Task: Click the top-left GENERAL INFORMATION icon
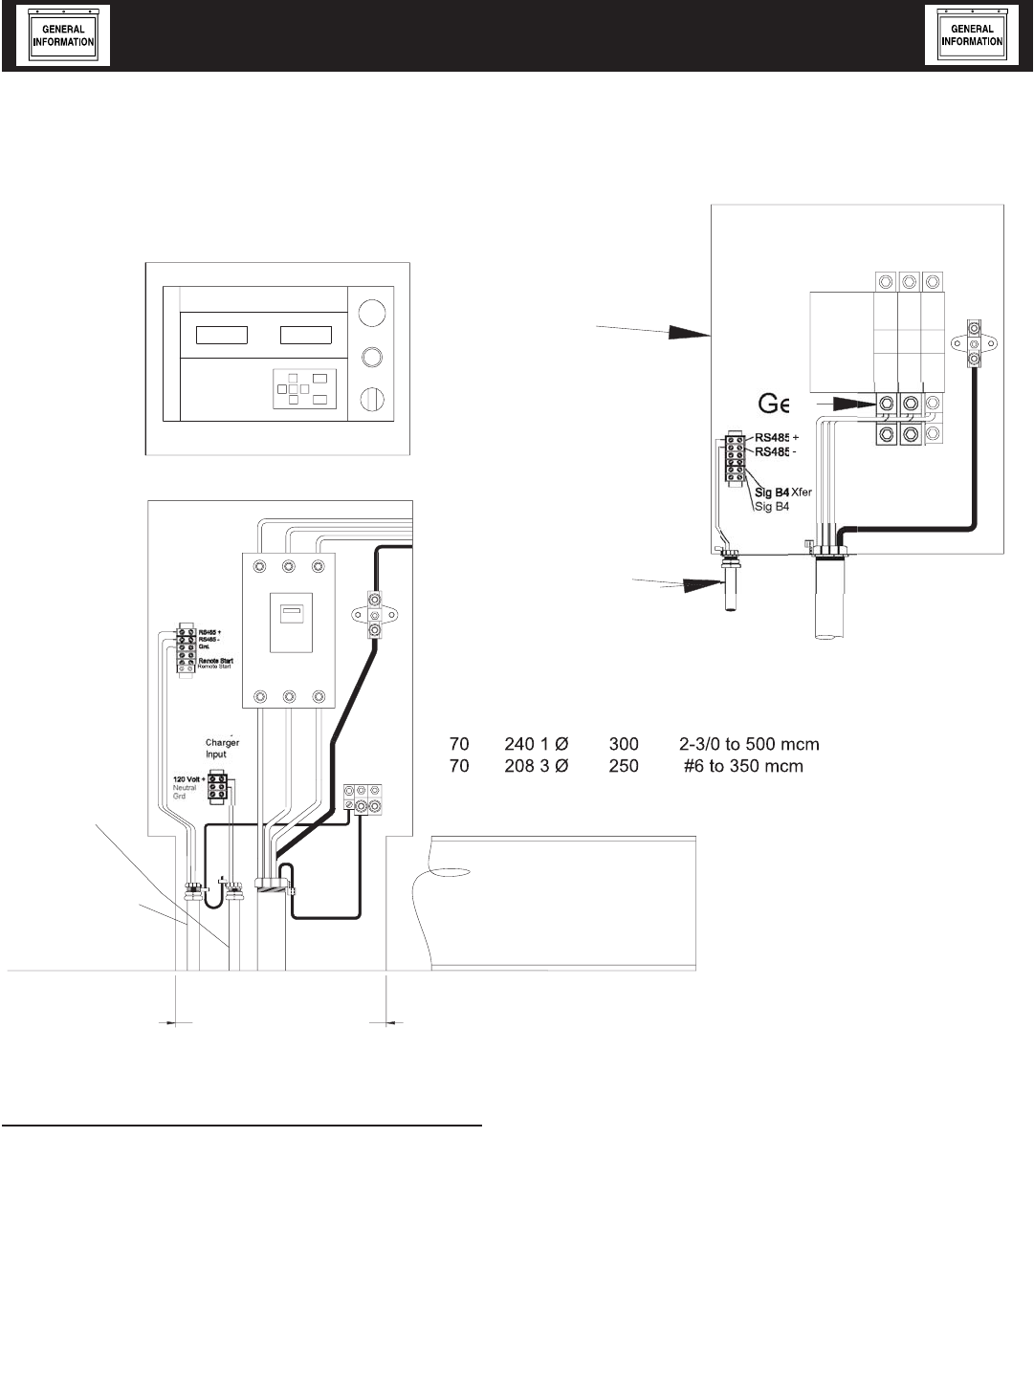[64, 35]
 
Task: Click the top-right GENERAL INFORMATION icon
[972, 35]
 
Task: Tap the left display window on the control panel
[222, 335]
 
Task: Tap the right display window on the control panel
[305, 335]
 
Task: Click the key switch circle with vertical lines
[374, 399]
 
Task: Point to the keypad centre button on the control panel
[303, 389]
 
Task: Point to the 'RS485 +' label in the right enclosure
[777, 438]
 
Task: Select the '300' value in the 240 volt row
[623, 744]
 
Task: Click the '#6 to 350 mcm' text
[742, 766]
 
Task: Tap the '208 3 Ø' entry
[536, 766]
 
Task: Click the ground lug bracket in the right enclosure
[974, 341]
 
